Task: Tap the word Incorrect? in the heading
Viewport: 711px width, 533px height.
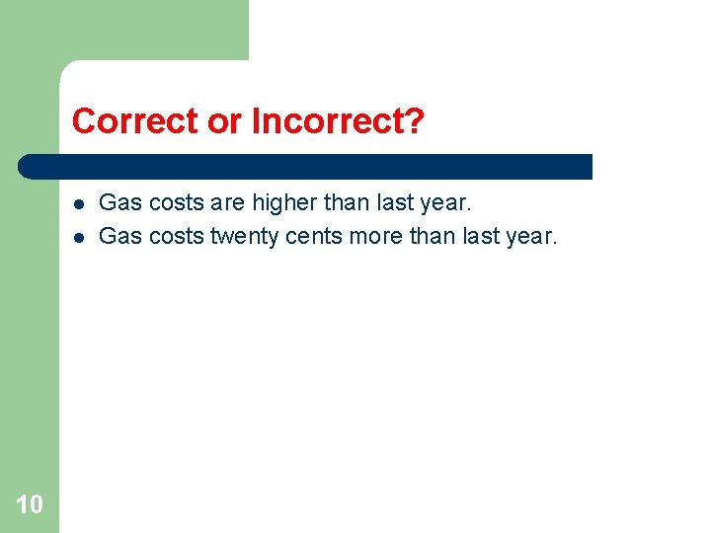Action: tap(338, 121)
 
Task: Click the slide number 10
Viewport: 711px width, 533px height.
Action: tap(30, 504)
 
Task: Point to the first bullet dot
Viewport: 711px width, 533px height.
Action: tap(77, 204)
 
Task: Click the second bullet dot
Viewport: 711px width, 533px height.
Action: tap(77, 237)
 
